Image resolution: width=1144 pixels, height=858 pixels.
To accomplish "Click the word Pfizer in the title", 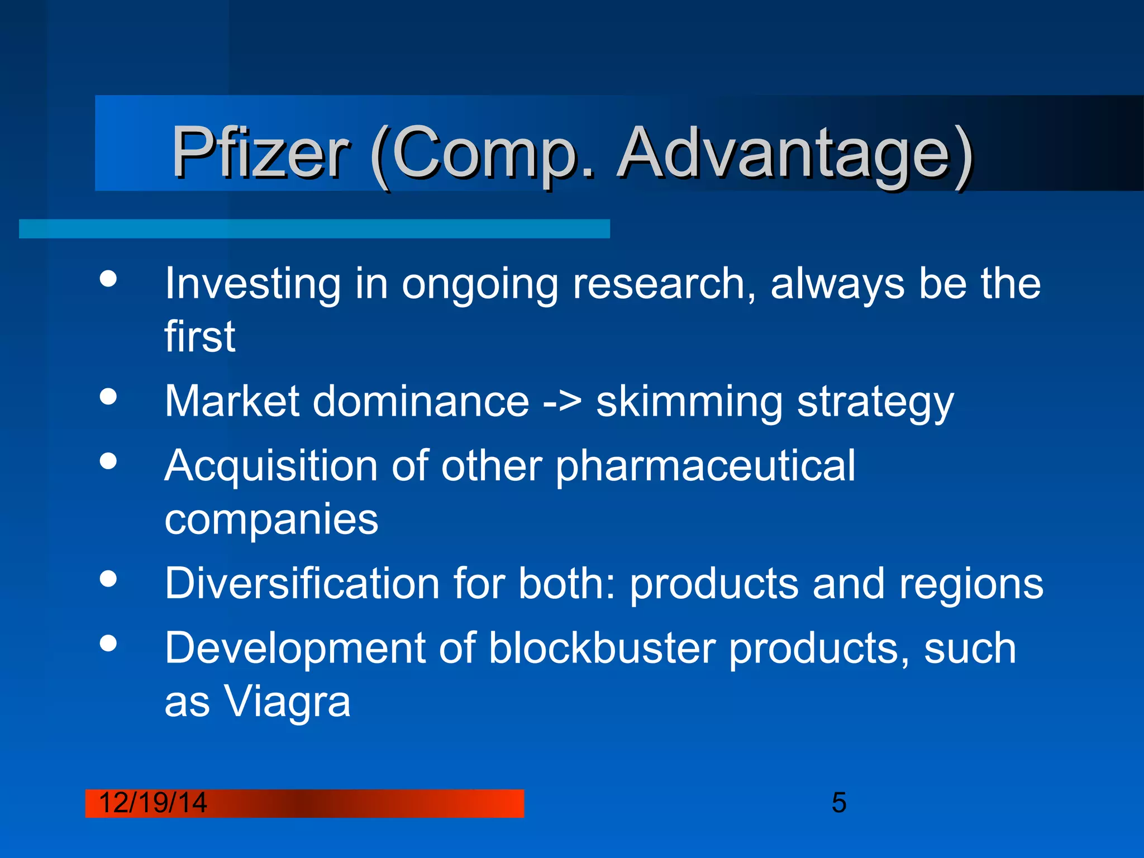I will pyautogui.click(x=260, y=152).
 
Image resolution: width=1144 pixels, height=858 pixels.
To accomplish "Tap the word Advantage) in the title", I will pyautogui.click(x=795, y=154).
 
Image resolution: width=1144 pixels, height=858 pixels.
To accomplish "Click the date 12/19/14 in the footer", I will pyautogui.click(x=152, y=803).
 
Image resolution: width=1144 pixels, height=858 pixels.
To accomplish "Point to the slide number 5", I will pyautogui.click(x=839, y=803).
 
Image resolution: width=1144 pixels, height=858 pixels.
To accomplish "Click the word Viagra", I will pyautogui.click(x=287, y=702).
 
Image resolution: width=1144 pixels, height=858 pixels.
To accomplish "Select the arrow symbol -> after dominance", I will pyautogui.click(x=562, y=401).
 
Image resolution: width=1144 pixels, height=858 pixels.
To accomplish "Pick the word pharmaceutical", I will pyautogui.click(x=705, y=466).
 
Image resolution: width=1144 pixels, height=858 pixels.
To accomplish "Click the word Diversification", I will pyautogui.click(x=302, y=584).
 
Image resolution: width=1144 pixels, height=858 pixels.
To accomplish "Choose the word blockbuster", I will pyautogui.click(x=602, y=649).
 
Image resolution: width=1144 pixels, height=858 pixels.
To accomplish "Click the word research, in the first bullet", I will pyautogui.click(x=664, y=284).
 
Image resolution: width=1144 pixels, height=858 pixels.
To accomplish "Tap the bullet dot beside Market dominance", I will pyautogui.click(x=108, y=397).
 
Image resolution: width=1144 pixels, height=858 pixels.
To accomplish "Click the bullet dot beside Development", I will pyautogui.click(x=108, y=643).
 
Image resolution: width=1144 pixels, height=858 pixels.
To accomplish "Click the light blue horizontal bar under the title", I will pyautogui.click(x=314, y=229).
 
